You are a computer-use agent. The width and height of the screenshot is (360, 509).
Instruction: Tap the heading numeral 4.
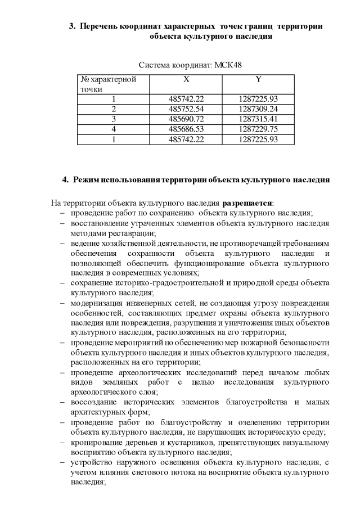click(64, 180)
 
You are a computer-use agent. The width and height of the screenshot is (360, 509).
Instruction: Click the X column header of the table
click(186, 80)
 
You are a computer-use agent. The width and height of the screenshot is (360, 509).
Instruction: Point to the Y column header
click(258, 80)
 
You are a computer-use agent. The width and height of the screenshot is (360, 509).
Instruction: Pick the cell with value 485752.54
click(186, 109)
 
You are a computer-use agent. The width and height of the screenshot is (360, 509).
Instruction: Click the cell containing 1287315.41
click(258, 119)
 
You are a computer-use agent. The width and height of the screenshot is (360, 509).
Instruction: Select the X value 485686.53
click(186, 129)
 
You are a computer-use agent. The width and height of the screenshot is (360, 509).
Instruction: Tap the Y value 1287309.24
click(258, 109)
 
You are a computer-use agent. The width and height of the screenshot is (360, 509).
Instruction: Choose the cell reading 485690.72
click(186, 119)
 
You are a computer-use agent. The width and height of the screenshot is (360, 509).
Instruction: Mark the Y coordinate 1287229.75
click(258, 129)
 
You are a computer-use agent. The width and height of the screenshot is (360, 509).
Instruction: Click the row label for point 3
click(113, 119)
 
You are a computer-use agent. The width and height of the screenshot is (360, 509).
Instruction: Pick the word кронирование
click(97, 443)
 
